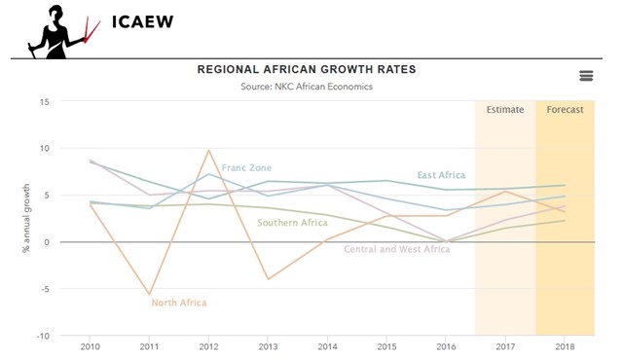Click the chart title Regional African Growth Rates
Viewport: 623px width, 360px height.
click(307, 69)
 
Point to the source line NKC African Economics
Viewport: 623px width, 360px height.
click(307, 87)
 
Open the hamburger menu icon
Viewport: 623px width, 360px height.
click(585, 76)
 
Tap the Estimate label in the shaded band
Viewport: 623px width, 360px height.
click(505, 110)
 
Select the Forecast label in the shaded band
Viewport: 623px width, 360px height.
click(565, 110)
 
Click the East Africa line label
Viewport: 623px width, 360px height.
click(441, 175)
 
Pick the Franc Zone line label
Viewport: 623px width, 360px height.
click(246, 168)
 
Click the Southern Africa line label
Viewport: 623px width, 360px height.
click(292, 223)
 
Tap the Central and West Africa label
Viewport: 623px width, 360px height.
click(397, 249)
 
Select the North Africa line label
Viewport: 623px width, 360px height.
click(179, 303)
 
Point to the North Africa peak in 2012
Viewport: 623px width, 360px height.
click(209, 150)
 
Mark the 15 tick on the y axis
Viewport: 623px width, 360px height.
click(44, 101)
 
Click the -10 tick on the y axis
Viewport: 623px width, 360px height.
click(42, 336)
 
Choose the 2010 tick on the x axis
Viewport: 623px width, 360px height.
click(91, 346)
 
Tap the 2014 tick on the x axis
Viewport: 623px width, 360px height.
click(327, 346)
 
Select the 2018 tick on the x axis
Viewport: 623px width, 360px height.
click(565, 346)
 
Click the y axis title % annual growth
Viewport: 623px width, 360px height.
click(26, 218)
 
